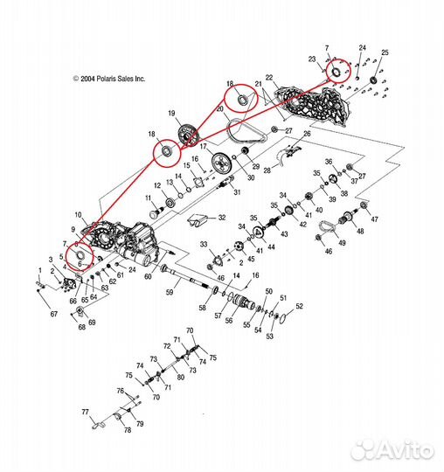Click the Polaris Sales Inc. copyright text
109,79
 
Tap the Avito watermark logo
392,451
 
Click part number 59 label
170,292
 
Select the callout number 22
269,78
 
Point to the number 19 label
171,113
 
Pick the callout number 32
222,218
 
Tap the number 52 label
299,306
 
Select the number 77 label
85,412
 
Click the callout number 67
54,314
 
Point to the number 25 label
385,52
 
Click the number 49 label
343,243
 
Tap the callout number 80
180,377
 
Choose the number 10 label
78,215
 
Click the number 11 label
148,198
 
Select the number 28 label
267,170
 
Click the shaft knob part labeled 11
156,213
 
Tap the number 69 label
92,322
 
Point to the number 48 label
360,231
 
